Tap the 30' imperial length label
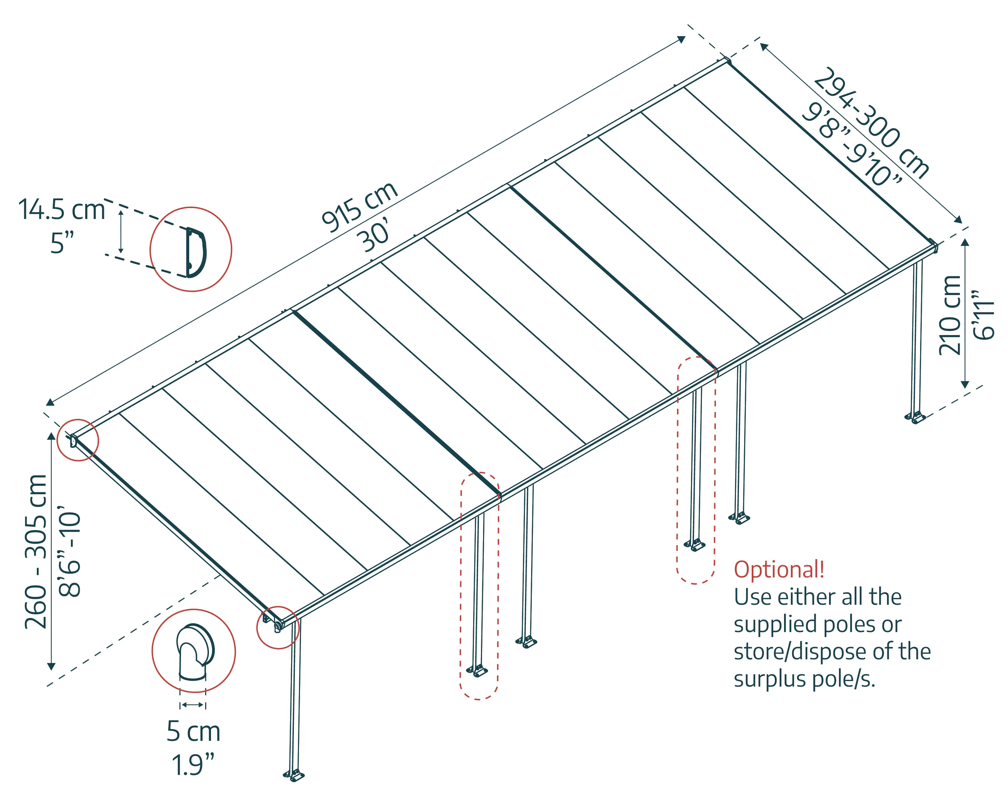(374, 237)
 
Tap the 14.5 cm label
(62, 210)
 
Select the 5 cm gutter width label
(193, 731)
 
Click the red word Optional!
(779, 570)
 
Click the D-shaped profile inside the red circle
(196, 253)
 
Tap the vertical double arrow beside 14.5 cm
(121, 232)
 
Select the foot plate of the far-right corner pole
(915, 417)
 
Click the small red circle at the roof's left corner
(77, 440)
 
